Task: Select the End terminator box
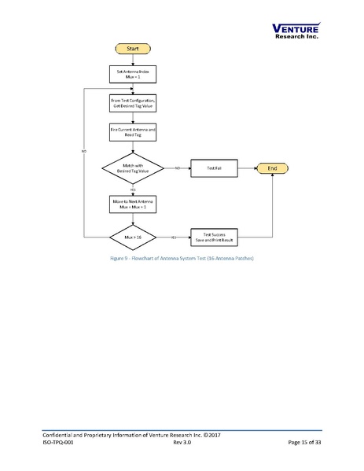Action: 273,167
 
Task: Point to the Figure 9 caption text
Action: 182,258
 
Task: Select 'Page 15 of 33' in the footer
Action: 305,443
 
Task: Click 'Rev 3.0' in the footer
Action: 182,443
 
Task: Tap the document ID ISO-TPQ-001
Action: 61,443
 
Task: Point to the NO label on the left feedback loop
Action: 83,150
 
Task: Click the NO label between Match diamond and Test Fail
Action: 177,168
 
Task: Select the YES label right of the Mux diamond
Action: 172,236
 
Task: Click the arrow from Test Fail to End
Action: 247,168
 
